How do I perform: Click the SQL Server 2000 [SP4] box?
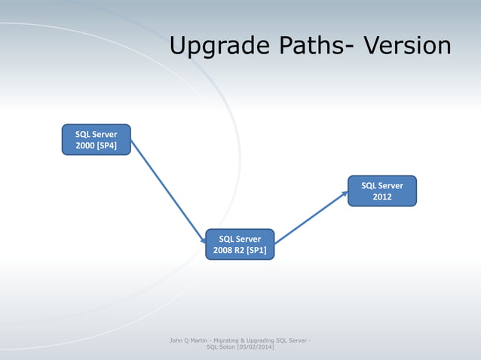(96, 139)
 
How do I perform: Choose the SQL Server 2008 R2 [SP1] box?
(240, 244)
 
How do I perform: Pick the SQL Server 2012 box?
(381, 191)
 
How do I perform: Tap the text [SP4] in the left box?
(106, 145)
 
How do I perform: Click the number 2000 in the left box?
(84, 145)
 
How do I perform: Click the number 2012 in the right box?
(382, 197)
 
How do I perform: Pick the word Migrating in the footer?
(231, 340)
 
